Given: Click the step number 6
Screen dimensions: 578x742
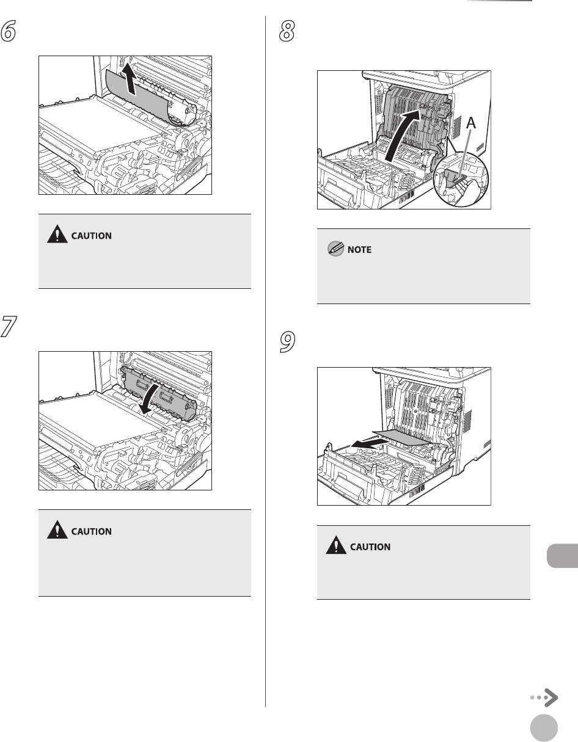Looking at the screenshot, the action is click(x=9, y=31).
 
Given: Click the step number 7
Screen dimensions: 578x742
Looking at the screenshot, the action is click(x=9, y=327).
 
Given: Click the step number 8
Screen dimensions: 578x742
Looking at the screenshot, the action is click(x=287, y=31).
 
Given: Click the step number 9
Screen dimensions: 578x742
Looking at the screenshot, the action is click(x=287, y=342).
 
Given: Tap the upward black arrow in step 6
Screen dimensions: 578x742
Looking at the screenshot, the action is click(x=129, y=79).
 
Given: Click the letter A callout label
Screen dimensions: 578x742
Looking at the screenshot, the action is click(x=471, y=123).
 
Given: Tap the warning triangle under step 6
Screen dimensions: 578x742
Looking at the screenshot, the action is click(x=57, y=234).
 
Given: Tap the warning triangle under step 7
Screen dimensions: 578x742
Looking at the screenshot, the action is click(x=57, y=529).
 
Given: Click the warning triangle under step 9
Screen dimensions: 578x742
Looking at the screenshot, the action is click(x=336, y=545).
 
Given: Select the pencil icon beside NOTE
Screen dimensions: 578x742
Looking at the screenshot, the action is click(x=335, y=249).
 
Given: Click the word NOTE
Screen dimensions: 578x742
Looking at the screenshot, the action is click(x=359, y=250).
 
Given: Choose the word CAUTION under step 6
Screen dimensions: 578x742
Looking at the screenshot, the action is click(x=91, y=236).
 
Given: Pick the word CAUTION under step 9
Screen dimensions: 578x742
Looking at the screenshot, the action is click(x=370, y=547).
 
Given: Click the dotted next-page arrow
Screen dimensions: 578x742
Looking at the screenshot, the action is click(x=544, y=697).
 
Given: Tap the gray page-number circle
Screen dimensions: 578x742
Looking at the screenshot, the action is click(x=544, y=727).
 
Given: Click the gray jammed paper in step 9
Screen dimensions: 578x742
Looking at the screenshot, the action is click(x=403, y=437).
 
